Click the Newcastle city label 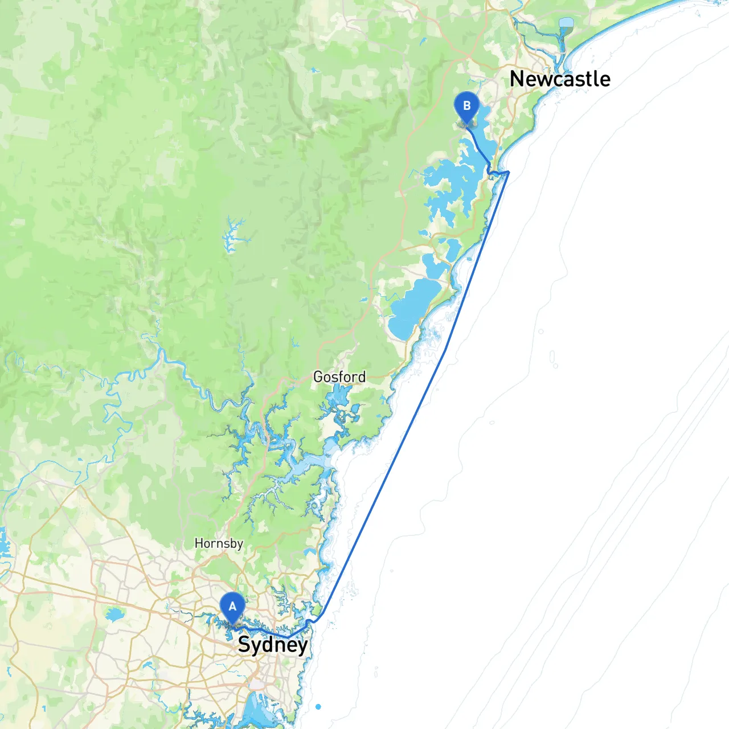click(560, 79)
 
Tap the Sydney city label click(272, 645)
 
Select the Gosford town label click(339, 376)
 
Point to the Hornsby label click(219, 543)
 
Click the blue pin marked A click(232, 608)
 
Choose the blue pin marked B click(467, 107)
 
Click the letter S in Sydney click(244, 644)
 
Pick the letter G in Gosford click(318, 376)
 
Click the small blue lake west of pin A click(114, 615)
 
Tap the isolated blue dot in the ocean click(318, 707)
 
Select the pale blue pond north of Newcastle click(566, 23)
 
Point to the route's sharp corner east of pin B click(508, 171)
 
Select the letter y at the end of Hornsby click(240, 545)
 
